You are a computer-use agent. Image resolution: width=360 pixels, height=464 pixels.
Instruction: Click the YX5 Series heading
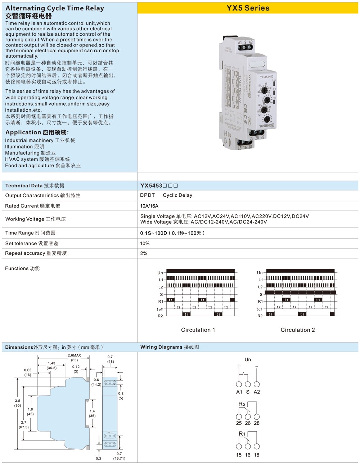tap(248, 8)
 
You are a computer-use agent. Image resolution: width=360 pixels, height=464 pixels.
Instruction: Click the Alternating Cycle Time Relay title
tap(55, 8)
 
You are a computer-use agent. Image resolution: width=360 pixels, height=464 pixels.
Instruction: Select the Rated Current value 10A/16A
tap(149, 206)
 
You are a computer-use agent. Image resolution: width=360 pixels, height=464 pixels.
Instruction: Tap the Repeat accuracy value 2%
tap(144, 253)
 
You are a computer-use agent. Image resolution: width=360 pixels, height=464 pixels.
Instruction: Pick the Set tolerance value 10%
tap(145, 244)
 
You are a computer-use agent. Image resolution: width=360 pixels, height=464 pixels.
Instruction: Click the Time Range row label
tap(30, 233)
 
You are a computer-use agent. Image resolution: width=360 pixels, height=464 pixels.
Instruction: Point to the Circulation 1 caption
tap(198, 330)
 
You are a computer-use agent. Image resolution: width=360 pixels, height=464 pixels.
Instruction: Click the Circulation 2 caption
tap(298, 330)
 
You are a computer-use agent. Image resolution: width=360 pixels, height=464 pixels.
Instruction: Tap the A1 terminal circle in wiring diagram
tap(239, 384)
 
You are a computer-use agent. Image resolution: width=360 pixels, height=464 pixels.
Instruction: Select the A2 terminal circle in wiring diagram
tap(257, 384)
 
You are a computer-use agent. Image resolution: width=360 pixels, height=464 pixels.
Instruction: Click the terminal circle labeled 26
tap(248, 417)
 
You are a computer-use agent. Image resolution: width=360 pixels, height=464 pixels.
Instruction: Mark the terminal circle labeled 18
tap(257, 449)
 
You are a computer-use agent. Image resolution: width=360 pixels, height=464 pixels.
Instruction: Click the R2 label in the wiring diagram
tap(242, 404)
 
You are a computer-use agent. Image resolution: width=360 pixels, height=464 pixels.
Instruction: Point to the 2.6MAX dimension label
tap(74, 356)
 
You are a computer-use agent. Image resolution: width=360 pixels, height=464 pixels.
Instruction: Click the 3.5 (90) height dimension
tap(18, 403)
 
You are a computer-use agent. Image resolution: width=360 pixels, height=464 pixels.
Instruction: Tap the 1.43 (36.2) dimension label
tap(51, 366)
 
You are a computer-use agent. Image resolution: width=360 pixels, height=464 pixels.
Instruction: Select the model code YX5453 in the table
tap(151, 186)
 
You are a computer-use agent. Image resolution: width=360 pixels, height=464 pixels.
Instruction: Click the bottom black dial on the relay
tap(267, 119)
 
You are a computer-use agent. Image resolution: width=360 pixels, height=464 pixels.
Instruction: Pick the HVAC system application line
tap(37, 159)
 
